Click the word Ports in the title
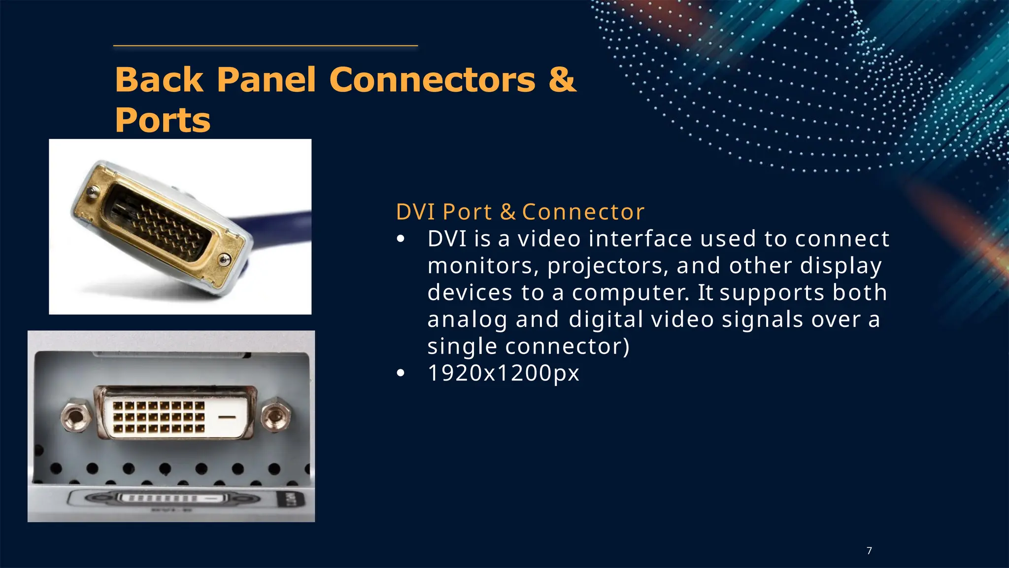click(163, 120)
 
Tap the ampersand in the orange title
click(562, 79)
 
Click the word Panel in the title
click(266, 79)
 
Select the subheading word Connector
click(583, 212)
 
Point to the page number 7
click(869, 551)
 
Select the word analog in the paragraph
click(467, 319)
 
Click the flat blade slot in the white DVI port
click(227, 417)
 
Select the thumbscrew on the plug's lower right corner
click(224, 259)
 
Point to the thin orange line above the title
click(266, 46)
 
